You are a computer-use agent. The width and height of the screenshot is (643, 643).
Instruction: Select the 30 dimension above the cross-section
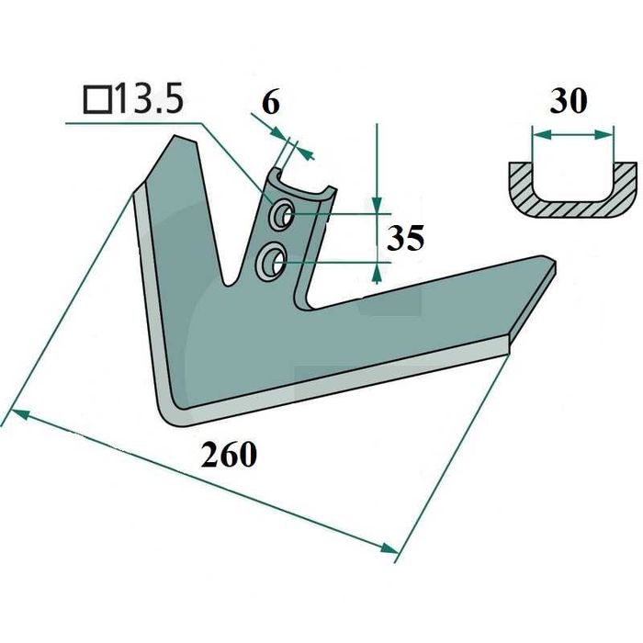(x=569, y=101)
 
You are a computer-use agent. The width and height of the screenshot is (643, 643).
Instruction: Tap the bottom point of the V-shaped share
(x=175, y=413)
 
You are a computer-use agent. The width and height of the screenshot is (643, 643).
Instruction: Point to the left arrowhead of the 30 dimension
(x=538, y=134)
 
